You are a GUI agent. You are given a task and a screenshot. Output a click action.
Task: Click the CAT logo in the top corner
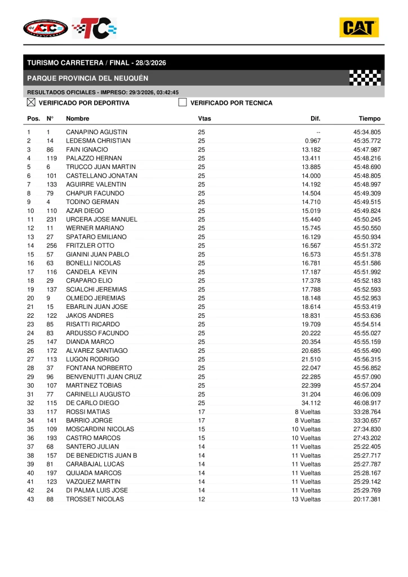tap(359, 28)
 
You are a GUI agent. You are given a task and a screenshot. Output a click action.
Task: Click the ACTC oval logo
tap(46, 27)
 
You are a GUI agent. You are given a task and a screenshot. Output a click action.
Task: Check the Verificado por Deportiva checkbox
tap(32, 103)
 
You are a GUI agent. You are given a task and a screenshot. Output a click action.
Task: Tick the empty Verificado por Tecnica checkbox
tap(183, 103)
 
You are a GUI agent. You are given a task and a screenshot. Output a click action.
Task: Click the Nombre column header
tap(78, 119)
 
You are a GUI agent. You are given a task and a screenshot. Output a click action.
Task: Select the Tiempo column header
tap(370, 119)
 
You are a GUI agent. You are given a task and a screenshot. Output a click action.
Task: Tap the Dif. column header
tap(315, 119)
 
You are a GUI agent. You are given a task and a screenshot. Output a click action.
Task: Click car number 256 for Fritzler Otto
tap(52, 246)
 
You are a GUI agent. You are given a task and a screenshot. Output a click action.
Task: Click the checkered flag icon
tap(365, 78)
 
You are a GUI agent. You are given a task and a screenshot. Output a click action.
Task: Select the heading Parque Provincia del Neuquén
tap(88, 78)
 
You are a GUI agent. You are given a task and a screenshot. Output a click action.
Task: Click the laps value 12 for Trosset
tap(201, 499)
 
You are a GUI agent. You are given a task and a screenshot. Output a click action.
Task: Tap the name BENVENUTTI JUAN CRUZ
tap(104, 376)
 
